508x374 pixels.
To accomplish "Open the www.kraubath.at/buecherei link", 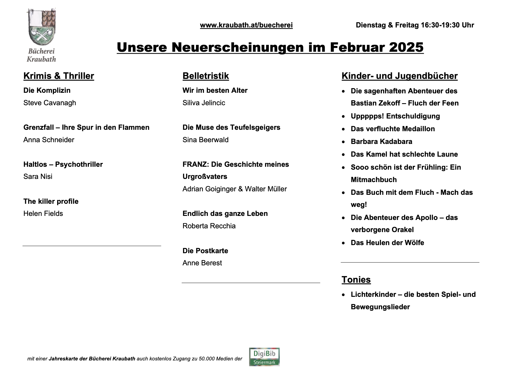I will [x=246, y=25].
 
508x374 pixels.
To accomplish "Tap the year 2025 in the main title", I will [x=406, y=47].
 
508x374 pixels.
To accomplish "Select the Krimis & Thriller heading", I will [x=59, y=76].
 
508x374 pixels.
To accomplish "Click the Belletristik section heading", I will [x=206, y=76].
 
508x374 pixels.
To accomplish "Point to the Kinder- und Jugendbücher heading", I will [x=399, y=76].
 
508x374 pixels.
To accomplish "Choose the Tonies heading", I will [x=356, y=279].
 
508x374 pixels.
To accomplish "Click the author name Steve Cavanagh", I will [x=50, y=103].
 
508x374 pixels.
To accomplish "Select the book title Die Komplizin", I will [x=47, y=90].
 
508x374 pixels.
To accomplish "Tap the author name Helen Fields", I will [x=43, y=214].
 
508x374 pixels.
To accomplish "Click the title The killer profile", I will [x=51, y=201].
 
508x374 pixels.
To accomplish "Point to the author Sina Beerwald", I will [x=205, y=140].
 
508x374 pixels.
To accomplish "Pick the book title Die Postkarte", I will [x=205, y=251].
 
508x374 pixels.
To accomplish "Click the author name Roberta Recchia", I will [x=209, y=226].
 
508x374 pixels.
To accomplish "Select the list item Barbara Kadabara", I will [x=381, y=142].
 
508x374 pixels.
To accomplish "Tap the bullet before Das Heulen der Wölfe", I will [x=343, y=243].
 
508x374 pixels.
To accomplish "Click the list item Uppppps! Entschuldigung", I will [x=395, y=116].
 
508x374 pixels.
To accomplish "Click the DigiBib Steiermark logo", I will [x=264, y=357].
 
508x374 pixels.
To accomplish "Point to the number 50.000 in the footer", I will [x=207, y=359].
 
